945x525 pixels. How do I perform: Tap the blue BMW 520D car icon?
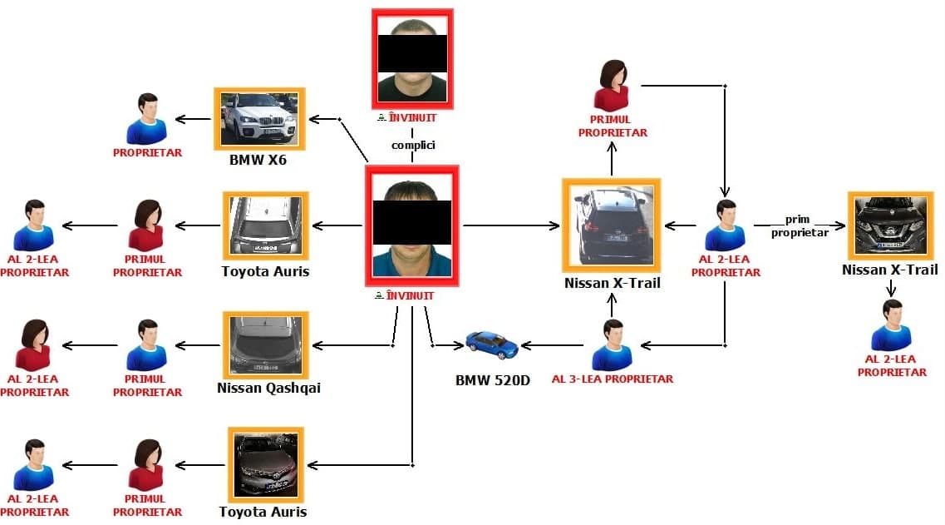pos(491,344)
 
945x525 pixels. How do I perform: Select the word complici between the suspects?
pos(413,145)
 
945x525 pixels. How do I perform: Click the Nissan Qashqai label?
pos(268,388)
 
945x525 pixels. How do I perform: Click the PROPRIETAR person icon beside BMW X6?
pos(147,118)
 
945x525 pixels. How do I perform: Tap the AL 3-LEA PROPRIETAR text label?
pos(612,379)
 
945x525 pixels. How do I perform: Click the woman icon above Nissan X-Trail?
pos(613,86)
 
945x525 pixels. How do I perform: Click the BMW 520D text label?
pos(492,381)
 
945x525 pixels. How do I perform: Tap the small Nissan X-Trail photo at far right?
pos(890,225)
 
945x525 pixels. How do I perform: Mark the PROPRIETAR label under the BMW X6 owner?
pos(147,153)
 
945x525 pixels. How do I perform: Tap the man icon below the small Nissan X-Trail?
pos(891,325)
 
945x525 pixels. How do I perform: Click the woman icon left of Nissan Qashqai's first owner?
pos(33,344)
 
